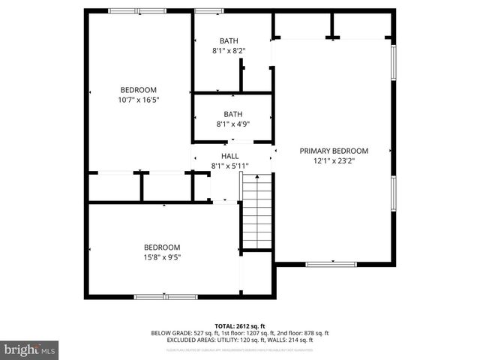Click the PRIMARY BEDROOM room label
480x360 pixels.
(x=334, y=151)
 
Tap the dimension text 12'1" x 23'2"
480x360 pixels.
(x=334, y=160)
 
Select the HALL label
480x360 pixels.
(x=229, y=156)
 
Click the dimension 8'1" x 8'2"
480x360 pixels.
(x=229, y=51)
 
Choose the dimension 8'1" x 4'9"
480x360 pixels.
(x=232, y=124)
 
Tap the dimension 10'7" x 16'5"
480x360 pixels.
(x=139, y=100)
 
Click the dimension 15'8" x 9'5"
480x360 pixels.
(x=162, y=257)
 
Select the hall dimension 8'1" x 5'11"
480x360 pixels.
(x=229, y=166)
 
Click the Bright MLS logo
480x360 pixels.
(x=30, y=349)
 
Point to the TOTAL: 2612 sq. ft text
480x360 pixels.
(x=240, y=326)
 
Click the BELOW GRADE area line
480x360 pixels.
(x=240, y=333)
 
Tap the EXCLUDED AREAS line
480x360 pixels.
(x=240, y=340)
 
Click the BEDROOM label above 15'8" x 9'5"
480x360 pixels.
(x=162, y=247)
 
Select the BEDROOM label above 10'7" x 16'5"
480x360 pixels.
(x=139, y=90)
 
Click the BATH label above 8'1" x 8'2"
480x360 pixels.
(x=229, y=41)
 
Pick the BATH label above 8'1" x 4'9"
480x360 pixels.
(x=232, y=115)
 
